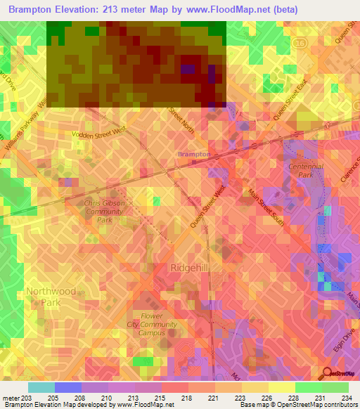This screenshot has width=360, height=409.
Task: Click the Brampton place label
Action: pyautogui.click(x=193, y=154)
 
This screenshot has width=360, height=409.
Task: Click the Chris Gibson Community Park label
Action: pyautogui.click(x=104, y=211)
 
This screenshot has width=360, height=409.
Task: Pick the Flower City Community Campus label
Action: pyautogui.click(x=151, y=325)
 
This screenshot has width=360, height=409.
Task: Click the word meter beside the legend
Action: pyautogui.click(x=10, y=398)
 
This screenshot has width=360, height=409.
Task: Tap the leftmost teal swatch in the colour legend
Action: pyautogui.click(x=41, y=387)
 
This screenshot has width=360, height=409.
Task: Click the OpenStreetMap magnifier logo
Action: pyautogui.click(x=328, y=372)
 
